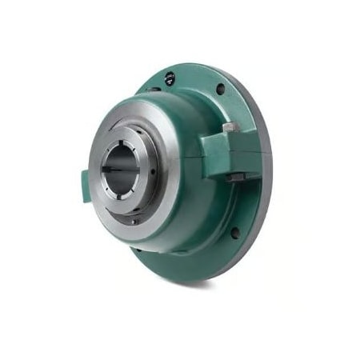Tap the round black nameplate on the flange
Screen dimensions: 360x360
point(170,78)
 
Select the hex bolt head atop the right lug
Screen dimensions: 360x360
point(230,128)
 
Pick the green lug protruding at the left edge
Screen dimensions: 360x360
point(86,186)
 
